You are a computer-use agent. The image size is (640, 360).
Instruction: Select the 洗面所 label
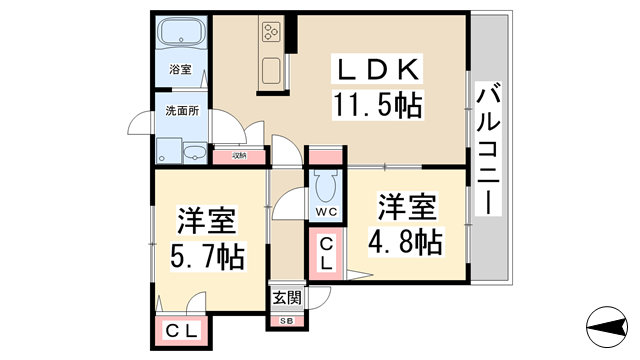[181, 111]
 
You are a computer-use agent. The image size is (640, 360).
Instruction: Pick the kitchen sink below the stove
[272, 71]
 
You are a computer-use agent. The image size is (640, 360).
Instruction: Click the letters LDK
[380, 70]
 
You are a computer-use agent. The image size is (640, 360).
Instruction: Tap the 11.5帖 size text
[380, 103]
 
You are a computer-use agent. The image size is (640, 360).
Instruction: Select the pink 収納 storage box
[239, 155]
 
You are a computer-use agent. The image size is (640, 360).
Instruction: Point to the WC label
[325, 212]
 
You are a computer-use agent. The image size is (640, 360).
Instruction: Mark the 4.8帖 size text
[406, 241]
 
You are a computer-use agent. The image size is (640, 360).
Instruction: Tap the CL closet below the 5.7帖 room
[181, 331]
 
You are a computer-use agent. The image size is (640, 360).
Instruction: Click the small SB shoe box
[286, 320]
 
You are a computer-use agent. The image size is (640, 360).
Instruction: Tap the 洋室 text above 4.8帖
[406, 209]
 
